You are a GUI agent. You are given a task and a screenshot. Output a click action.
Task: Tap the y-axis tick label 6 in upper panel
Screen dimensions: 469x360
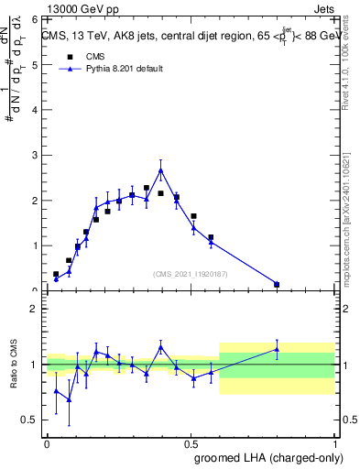pyautogui.click(x=34, y=19)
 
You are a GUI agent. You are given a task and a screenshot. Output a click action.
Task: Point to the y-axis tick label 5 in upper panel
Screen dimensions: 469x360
pyautogui.click(x=34, y=65)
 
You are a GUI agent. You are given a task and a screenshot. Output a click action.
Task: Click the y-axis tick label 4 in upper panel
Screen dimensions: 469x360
pyautogui.click(x=34, y=110)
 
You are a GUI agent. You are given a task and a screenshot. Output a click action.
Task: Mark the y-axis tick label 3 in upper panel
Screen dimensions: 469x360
pyautogui.click(x=34, y=156)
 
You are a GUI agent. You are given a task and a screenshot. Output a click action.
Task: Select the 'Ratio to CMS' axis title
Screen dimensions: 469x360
pyautogui.click(x=15, y=365)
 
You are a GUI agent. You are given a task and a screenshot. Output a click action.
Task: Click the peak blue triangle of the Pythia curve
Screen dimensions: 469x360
pyautogui.click(x=161, y=170)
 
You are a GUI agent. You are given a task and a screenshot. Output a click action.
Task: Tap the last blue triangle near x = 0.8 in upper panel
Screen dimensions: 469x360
pyautogui.click(x=277, y=284)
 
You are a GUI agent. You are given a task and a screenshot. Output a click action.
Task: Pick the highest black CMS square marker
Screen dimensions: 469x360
pyautogui.click(x=147, y=188)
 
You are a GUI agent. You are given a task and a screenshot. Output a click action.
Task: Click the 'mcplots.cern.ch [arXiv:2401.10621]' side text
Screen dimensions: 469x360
pyautogui.click(x=352, y=211)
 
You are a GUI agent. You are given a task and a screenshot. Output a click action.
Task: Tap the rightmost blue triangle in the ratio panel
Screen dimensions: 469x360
pyautogui.click(x=277, y=349)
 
